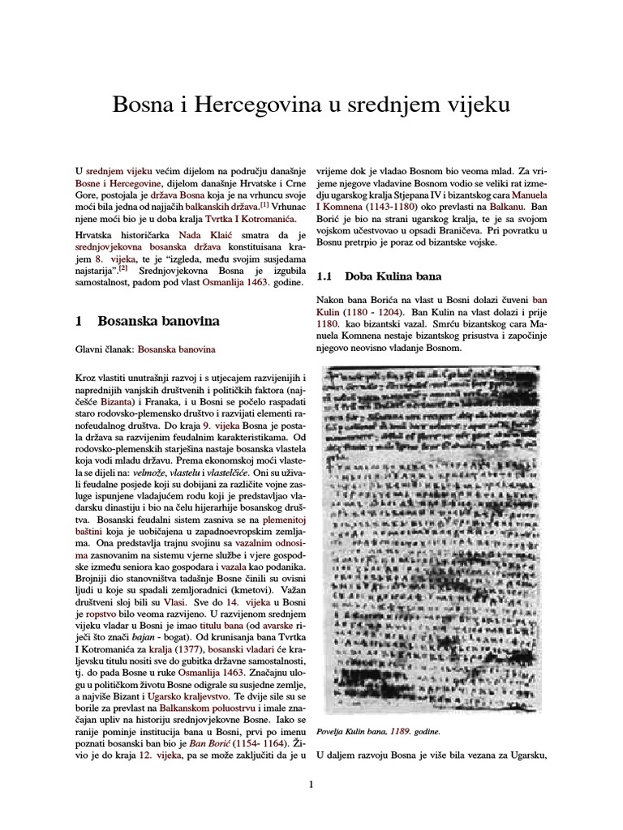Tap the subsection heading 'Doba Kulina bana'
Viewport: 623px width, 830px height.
386,276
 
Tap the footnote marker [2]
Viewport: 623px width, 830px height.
123,267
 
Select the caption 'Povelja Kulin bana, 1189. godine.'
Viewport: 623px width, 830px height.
378,731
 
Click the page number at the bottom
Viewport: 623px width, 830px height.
311,784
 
